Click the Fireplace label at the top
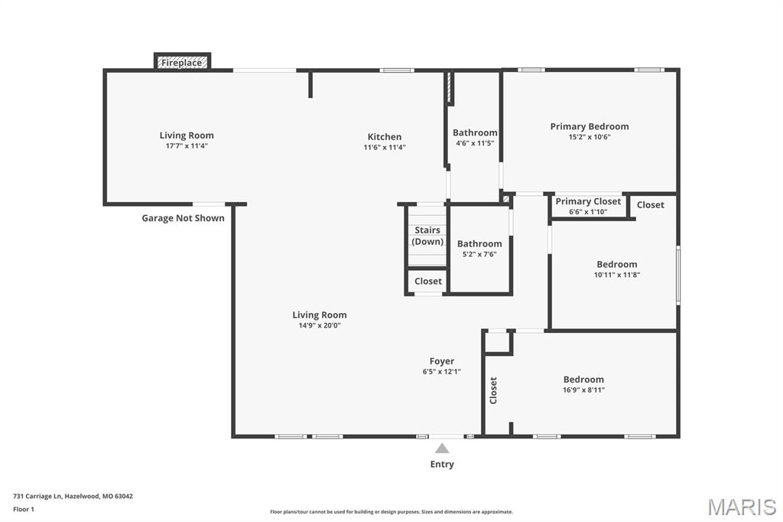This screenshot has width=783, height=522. (x=181, y=63)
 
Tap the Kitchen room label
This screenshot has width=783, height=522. (x=385, y=136)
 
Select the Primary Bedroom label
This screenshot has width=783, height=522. (x=590, y=126)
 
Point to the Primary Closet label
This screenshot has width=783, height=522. (x=588, y=201)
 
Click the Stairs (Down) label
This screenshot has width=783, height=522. (x=427, y=236)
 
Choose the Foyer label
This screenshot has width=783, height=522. (x=442, y=361)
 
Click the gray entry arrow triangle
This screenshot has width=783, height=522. (x=442, y=448)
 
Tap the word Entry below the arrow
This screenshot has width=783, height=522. (x=442, y=464)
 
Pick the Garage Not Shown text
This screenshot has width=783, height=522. (x=183, y=218)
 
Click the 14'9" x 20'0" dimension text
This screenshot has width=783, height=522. (x=320, y=325)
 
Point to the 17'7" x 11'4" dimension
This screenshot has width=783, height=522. (x=187, y=146)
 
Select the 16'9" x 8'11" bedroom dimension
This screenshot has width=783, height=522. (x=583, y=390)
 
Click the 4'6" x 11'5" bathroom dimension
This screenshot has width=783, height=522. (x=475, y=143)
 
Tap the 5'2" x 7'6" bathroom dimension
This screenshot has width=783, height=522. (x=479, y=254)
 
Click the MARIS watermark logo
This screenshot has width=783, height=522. (x=742, y=507)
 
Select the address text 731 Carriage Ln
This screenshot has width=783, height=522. (x=37, y=497)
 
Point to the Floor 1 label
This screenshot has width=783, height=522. (x=24, y=510)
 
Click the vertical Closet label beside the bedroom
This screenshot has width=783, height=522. (x=493, y=390)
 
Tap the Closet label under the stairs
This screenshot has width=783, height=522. (x=428, y=281)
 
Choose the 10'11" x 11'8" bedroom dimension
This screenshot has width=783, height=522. (x=617, y=275)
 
